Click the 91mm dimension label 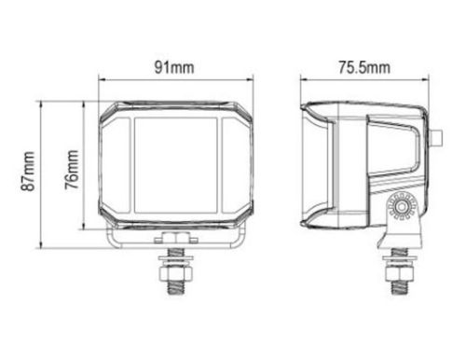click(x=174, y=67)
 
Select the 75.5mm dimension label click(x=364, y=67)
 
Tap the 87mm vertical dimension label click(x=27, y=171)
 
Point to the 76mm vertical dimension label click(x=72, y=170)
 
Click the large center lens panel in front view click(x=176, y=165)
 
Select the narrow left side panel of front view click(x=116, y=165)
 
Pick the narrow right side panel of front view click(x=235, y=165)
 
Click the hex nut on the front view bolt click(x=175, y=273)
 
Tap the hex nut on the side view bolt click(x=400, y=273)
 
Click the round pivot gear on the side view click(x=402, y=206)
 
